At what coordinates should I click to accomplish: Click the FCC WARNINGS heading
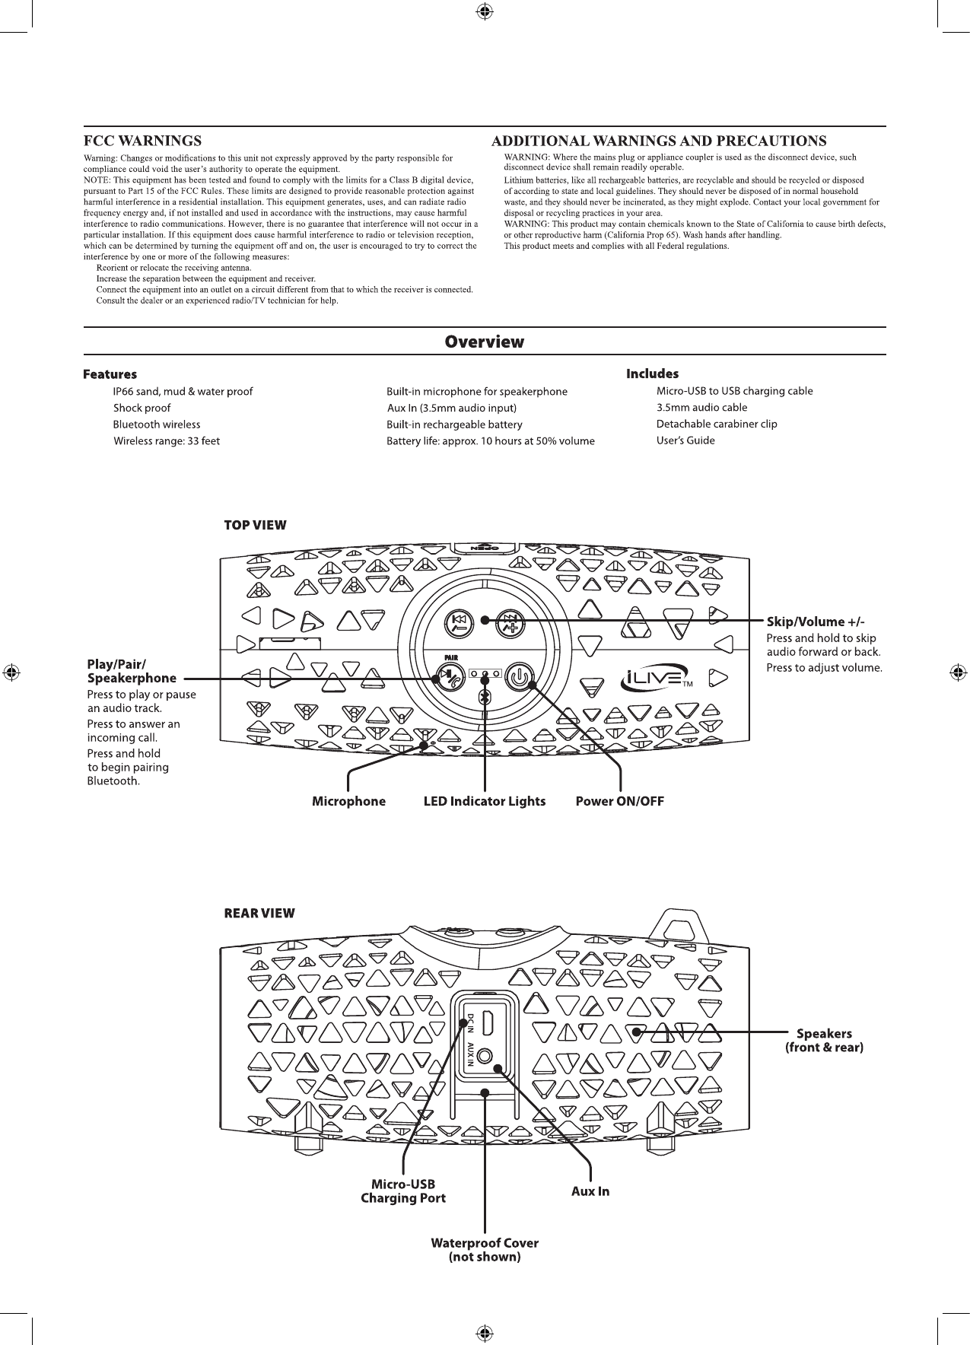(142, 141)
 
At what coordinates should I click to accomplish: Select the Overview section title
(485, 342)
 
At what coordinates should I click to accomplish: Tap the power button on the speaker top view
(519, 676)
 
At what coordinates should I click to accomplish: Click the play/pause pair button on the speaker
(449, 676)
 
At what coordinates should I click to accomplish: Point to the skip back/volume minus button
(459, 625)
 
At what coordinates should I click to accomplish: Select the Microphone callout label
(348, 801)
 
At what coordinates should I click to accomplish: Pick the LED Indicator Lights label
(485, 801)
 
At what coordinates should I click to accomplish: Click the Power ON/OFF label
(619, 801)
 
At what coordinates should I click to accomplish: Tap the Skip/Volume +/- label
(816, 622)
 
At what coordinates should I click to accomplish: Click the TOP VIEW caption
(255, 525)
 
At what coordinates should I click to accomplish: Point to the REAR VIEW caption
(259, 913)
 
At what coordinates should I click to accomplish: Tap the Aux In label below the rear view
(590, 1191)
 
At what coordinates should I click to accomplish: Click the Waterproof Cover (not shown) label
(485, 1250)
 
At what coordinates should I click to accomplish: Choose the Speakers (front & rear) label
(824, 1040)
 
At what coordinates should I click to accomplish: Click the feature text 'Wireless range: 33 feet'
(167, 441)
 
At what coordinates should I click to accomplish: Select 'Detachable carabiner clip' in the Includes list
(717, 424)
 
